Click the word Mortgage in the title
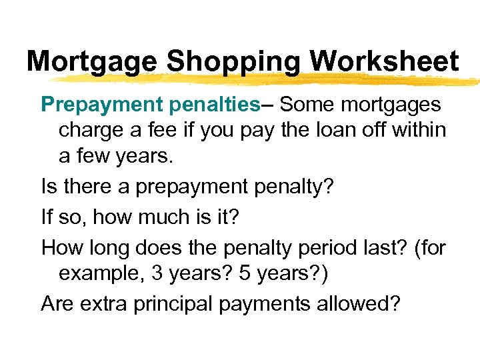pos(92,62)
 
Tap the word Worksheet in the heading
pos(384,62)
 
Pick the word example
pos(102,273)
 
